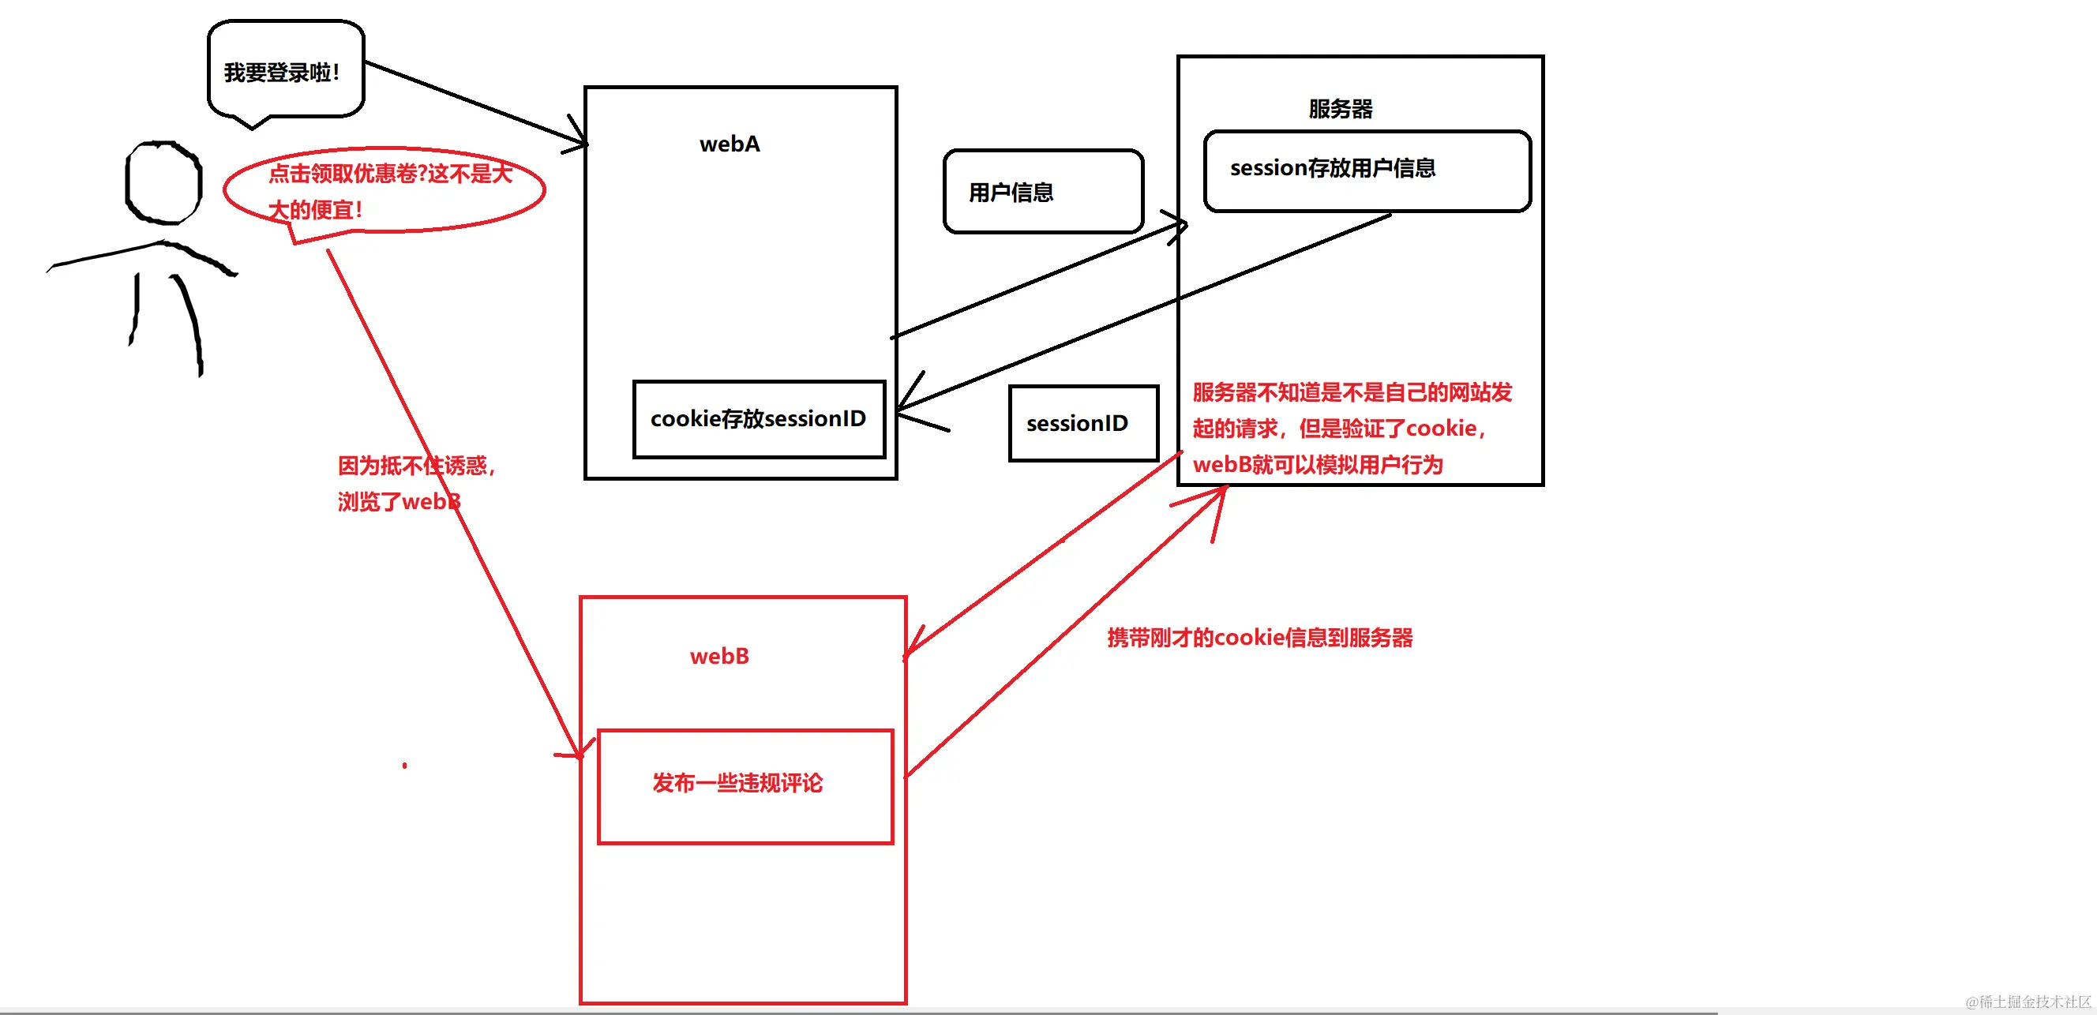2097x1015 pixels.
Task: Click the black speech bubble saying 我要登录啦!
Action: tap(285, 72)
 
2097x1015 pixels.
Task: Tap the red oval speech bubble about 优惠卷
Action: tap(385, 190)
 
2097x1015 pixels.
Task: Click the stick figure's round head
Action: tap(163, 182)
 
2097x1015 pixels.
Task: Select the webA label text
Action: tap(730, 144)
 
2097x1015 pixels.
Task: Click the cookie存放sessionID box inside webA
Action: tap(759, 419)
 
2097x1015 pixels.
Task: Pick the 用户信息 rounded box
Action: tap(1043, 192)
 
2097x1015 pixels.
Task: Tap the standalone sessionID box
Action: tap(1082, 423)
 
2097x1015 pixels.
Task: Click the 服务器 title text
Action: tap(1340, 108)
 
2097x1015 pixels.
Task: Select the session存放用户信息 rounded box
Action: tap(1366, 170)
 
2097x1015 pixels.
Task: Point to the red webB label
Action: tap(718, 656)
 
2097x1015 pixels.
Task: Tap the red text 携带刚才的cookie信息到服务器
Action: tap(1259, 637)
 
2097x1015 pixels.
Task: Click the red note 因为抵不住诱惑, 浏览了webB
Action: tap(415, 484)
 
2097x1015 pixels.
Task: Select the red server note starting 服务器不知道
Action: tap(1352, 428)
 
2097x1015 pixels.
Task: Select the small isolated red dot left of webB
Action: tap(404, 765)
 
